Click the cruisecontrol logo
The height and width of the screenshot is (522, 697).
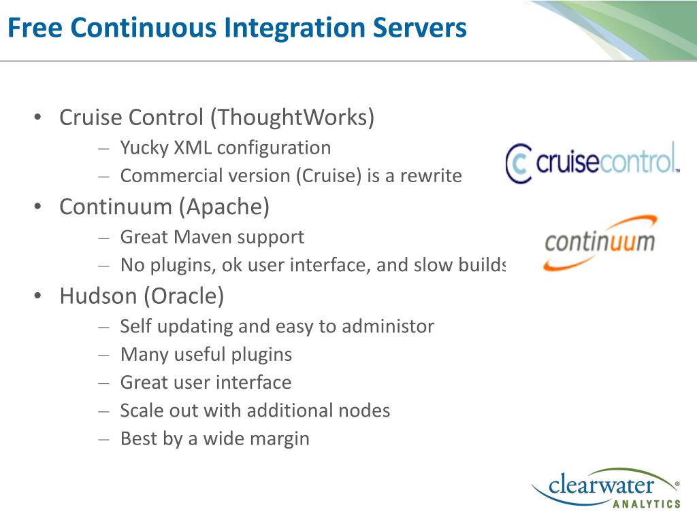[x=591, y=162]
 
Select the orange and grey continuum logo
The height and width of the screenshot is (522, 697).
[x=600, y=242]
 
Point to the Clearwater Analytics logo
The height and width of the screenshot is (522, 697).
[x=605, y=488]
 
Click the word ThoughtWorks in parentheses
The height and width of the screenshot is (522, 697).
[x=292, y=118]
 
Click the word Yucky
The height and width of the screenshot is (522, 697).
[x=144, y=147]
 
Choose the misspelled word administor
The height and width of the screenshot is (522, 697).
[x=387, y=326]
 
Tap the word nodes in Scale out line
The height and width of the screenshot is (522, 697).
[x=364, y=411]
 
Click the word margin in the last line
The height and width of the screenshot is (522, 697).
[x=281, y=438]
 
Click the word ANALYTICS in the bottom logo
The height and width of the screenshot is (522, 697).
[x=646, y=504]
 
